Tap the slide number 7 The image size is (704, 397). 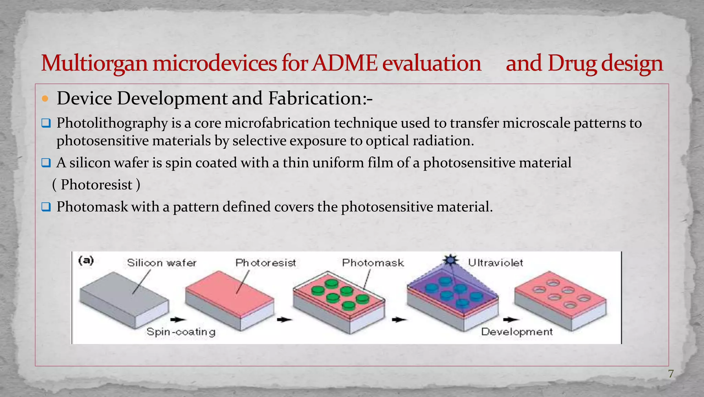(671, 374)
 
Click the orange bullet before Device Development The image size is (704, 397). (45, 99)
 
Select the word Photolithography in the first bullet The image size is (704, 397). (112, 123)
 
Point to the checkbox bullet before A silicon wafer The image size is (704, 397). (46, 163)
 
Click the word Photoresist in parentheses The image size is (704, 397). (97, 185)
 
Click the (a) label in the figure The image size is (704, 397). (86, 260)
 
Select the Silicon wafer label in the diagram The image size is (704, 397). (162, 263)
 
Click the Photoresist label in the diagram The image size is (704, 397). (265, 263)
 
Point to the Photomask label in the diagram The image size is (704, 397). (373, 263)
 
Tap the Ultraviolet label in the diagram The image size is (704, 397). (495, 263)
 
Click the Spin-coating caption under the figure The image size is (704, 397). (181, 332)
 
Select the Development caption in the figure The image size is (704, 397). (517, 332)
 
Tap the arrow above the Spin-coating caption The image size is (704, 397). (178, 320)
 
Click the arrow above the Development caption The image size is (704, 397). (511, 320)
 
